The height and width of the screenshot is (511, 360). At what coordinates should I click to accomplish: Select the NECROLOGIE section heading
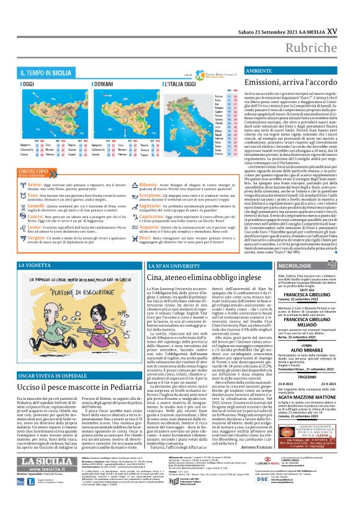pyautogui.click(x=290, y=265)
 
